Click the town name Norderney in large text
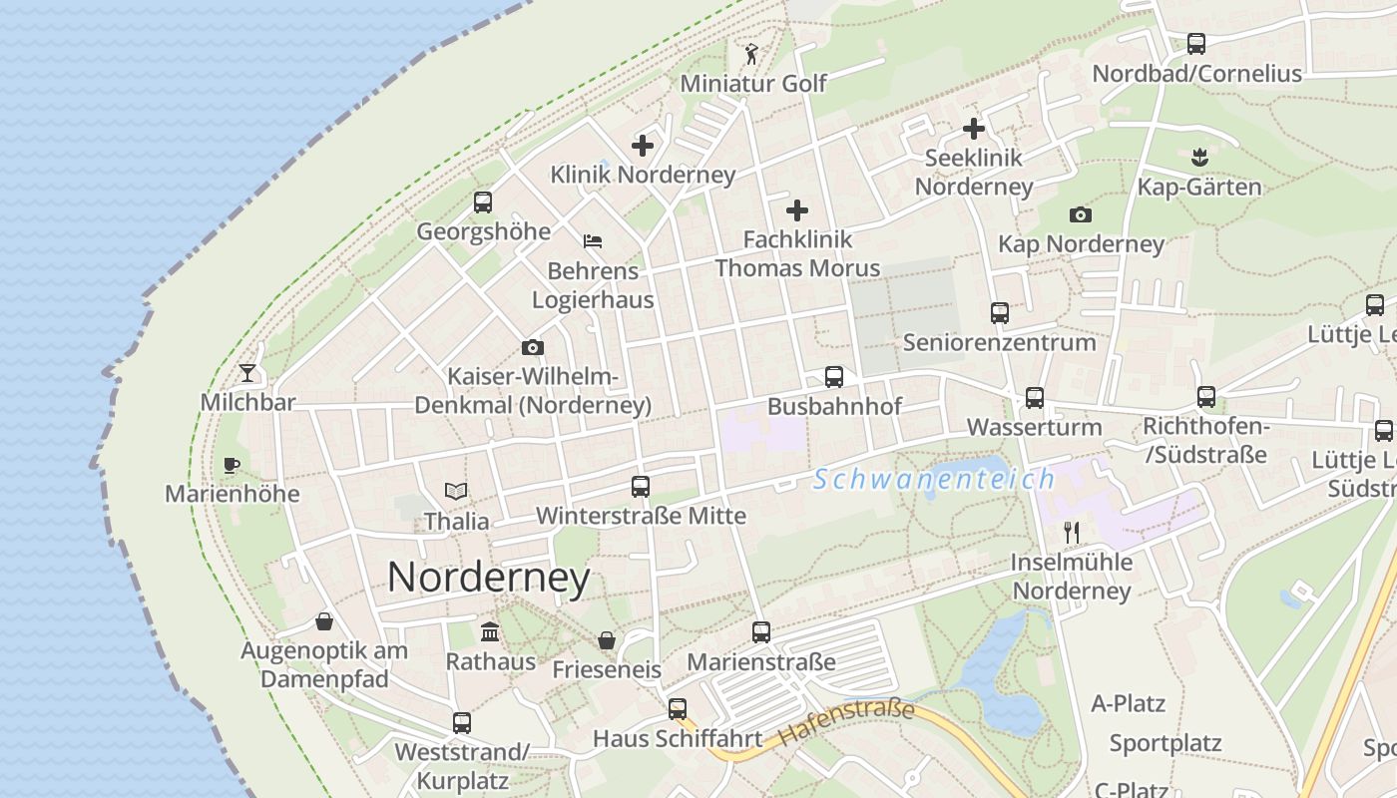pyautogui.click(x=488, y=578)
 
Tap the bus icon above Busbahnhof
pyautogui.click(x=834, y=377)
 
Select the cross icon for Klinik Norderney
pyautogui.click(x=643, y=146)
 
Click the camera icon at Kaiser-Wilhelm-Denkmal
pyautogui.click(x=533, y=347)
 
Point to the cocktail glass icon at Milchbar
pyautogui.click(x=247, y=373)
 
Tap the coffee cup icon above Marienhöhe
pyautogui.click(x=232, y=465)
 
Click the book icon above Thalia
pyautogui.click(x=456, y=491)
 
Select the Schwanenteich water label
pyautogui.click(x=933, y=480)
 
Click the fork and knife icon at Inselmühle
pyautogui.click(x=1072, y=532)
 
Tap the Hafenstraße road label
pyautogui.click(x=847, y=723)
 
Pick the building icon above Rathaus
pyautogui.click(x=490, y=631)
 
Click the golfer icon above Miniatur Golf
pyautogui.click(x=752, y=54)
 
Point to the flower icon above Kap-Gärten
pyautogui.click(x=1199, y=157)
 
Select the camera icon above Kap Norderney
pyautogui.click(x=1080, y=214)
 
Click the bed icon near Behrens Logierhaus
pyautogui.click(x=593, y=240)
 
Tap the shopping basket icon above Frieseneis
pyautogui.click(x=607, y=640)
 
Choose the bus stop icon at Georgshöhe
pyautogui.click(x=483, y=202)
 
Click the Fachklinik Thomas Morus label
pyautogui.click(x=797, y=253)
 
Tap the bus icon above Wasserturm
pyautogui.click(x=1035, y=398)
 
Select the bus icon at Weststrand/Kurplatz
pyautogui.click(x=461, y=722)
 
